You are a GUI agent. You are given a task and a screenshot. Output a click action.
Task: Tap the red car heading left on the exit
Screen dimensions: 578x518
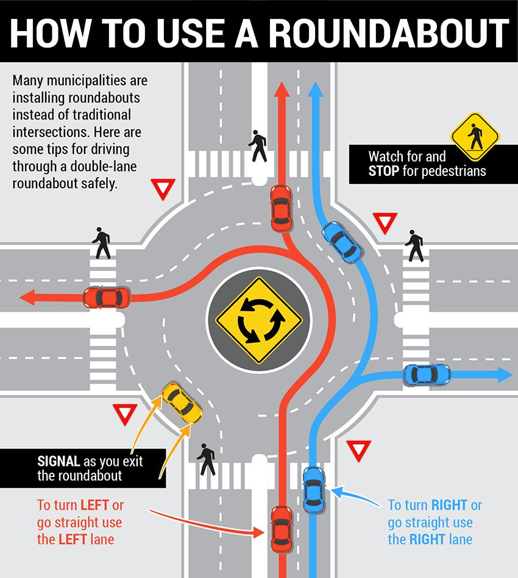tap(107, 297)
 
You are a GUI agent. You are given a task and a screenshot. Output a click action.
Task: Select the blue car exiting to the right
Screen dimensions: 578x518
tap(427, 375)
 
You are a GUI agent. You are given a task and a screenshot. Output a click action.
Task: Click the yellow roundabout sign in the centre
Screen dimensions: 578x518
tap(259, 320)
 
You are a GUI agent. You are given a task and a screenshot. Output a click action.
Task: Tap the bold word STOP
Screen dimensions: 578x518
tap(384, 171)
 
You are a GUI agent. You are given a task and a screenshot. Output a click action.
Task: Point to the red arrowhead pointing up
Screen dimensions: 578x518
tap(281, 90)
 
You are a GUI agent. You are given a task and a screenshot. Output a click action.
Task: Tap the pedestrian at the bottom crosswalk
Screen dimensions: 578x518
tap(207, 460)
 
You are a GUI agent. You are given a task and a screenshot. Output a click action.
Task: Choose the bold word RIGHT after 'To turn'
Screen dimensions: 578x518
tap(449, 505)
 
